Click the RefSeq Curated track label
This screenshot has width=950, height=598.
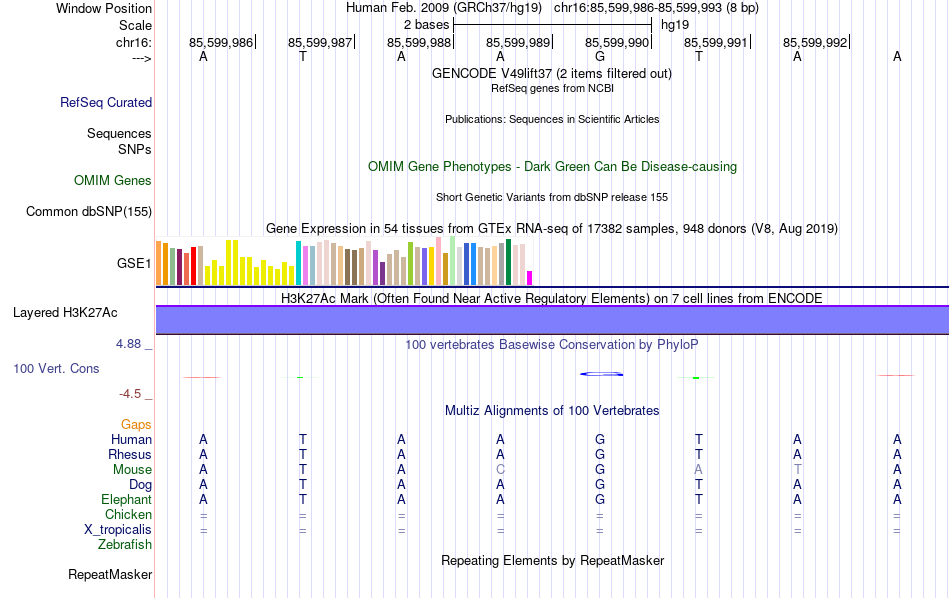click(106, 102)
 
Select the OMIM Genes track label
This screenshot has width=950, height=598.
click(113, 181)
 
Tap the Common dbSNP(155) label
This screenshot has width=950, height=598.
click(89, 211)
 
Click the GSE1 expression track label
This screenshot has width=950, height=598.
click(134, 264)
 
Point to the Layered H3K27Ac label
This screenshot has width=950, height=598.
click(65, 312)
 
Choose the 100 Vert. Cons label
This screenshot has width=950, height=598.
click(56, 368)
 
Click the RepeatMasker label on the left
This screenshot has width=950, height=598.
click(110, 575)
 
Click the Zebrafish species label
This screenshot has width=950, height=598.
click(125, 545)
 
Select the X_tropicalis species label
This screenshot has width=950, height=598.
click(118, 530)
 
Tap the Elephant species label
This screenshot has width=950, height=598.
click(126, 500)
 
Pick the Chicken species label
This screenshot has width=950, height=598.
click(128, 515)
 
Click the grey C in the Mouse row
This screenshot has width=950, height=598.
click(500, 470)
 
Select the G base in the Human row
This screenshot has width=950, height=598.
click(599, 439)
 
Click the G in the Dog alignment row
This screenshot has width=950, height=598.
click(599, 485)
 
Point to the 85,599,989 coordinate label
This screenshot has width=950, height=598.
click(517, 43)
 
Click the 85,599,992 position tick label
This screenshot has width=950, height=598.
click(815, 43)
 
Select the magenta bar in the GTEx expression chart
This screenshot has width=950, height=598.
click(530, 278)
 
